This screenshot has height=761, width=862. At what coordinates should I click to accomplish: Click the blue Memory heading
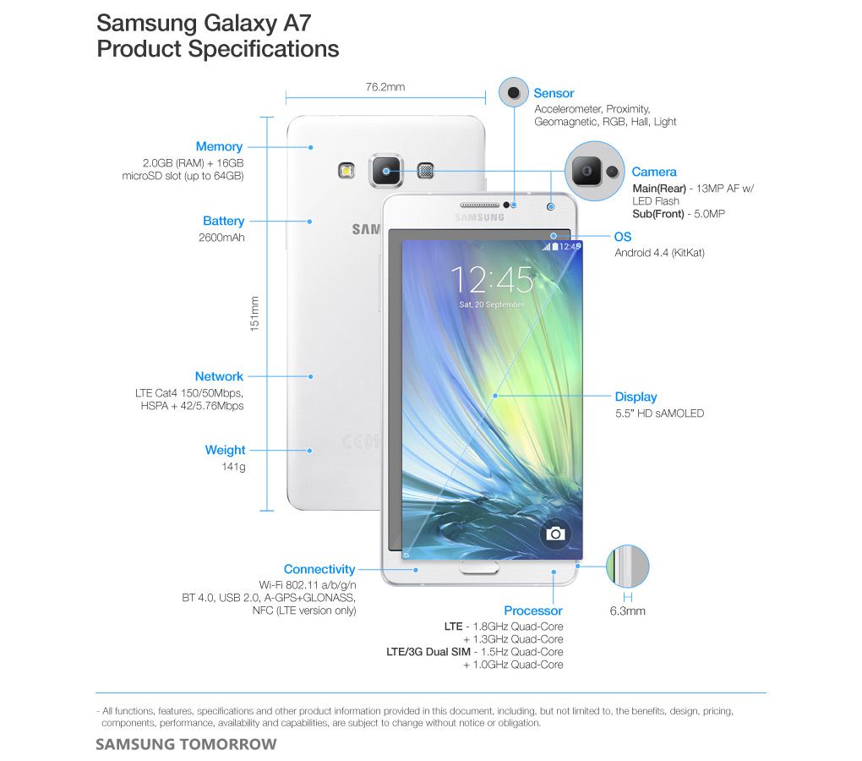pos(219,147)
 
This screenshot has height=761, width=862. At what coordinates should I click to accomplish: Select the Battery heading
pos(223,221)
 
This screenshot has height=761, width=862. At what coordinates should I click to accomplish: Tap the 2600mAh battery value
pos(221,238)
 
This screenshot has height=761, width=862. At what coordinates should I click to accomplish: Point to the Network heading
pos(219,376)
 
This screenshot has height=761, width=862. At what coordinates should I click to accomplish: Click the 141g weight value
pos(233,467)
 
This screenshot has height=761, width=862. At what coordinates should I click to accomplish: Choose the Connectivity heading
pos(319,569)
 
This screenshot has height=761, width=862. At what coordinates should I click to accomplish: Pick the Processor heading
pos(533,610)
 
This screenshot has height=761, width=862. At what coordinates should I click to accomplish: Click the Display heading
pos(636,397)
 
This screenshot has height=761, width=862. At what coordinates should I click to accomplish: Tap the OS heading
pos(623,237)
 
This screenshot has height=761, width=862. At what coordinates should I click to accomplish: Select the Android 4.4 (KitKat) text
pos(660,253)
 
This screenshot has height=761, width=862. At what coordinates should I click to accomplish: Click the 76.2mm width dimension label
pos(385,87)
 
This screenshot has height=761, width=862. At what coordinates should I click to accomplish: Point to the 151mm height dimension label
pos(254,314)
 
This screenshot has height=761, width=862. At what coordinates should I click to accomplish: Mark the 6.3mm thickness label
pos(628,610)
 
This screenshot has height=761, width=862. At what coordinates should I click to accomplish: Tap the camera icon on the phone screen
pos(555,534)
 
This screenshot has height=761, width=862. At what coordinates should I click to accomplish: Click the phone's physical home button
pos(479,568)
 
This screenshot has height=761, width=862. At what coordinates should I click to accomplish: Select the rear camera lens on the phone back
pos(386,171)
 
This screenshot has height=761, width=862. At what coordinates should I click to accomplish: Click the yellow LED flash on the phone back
pos(346,171)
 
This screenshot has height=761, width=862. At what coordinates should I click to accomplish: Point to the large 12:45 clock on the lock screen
pos(492,279)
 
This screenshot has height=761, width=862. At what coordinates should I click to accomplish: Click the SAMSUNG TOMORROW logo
pos(187,744)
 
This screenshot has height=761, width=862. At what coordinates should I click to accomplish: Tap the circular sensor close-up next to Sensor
pos(514,92)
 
